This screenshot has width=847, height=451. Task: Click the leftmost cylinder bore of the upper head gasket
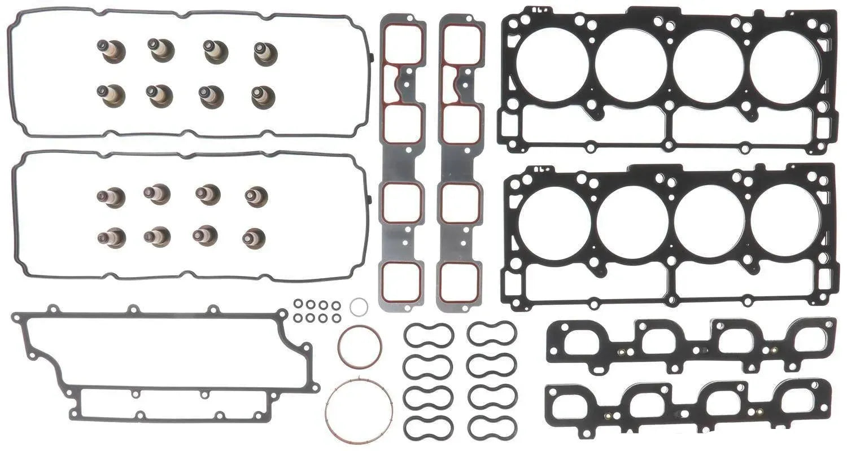coord(552,65)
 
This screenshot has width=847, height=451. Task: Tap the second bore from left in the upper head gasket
coord(631,65)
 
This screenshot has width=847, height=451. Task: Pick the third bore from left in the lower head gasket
coord(709,221)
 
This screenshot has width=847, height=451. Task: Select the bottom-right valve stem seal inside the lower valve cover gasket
coord(254,238)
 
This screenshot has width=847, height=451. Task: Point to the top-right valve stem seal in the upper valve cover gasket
coord(264,53)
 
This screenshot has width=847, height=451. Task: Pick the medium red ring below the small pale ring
coord(360,346)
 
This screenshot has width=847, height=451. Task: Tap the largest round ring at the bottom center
coord(359,411)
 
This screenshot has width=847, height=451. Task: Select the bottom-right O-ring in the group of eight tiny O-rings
coord(336,318)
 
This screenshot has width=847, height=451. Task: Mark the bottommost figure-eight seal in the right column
coord(492,427)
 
